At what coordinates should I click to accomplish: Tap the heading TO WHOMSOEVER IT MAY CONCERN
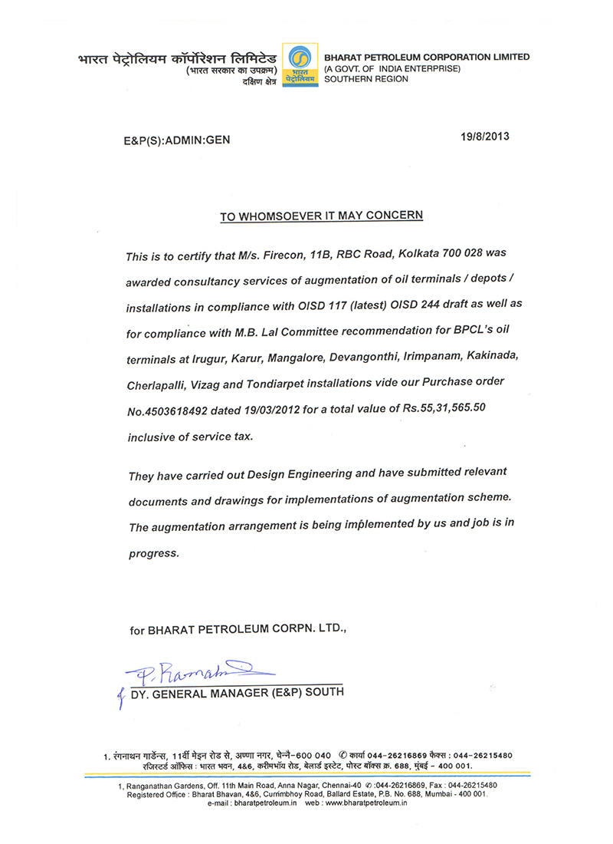(x=322, y=216)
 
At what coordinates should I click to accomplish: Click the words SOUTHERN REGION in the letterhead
(x=366, y=79)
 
